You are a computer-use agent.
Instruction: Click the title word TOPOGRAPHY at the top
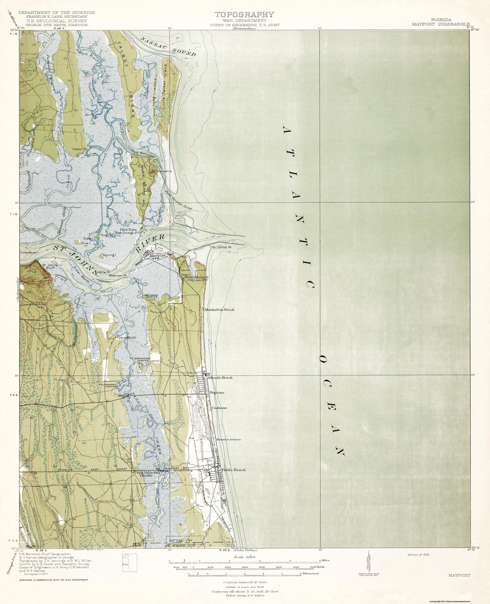(245, 15)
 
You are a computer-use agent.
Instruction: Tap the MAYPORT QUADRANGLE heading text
(441, 24)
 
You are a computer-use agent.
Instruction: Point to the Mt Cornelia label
(161, 171)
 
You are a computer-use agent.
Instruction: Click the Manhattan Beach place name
(220, 310)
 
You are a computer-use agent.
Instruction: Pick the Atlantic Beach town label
(220, 378)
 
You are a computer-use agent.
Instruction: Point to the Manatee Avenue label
(228, 439)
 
